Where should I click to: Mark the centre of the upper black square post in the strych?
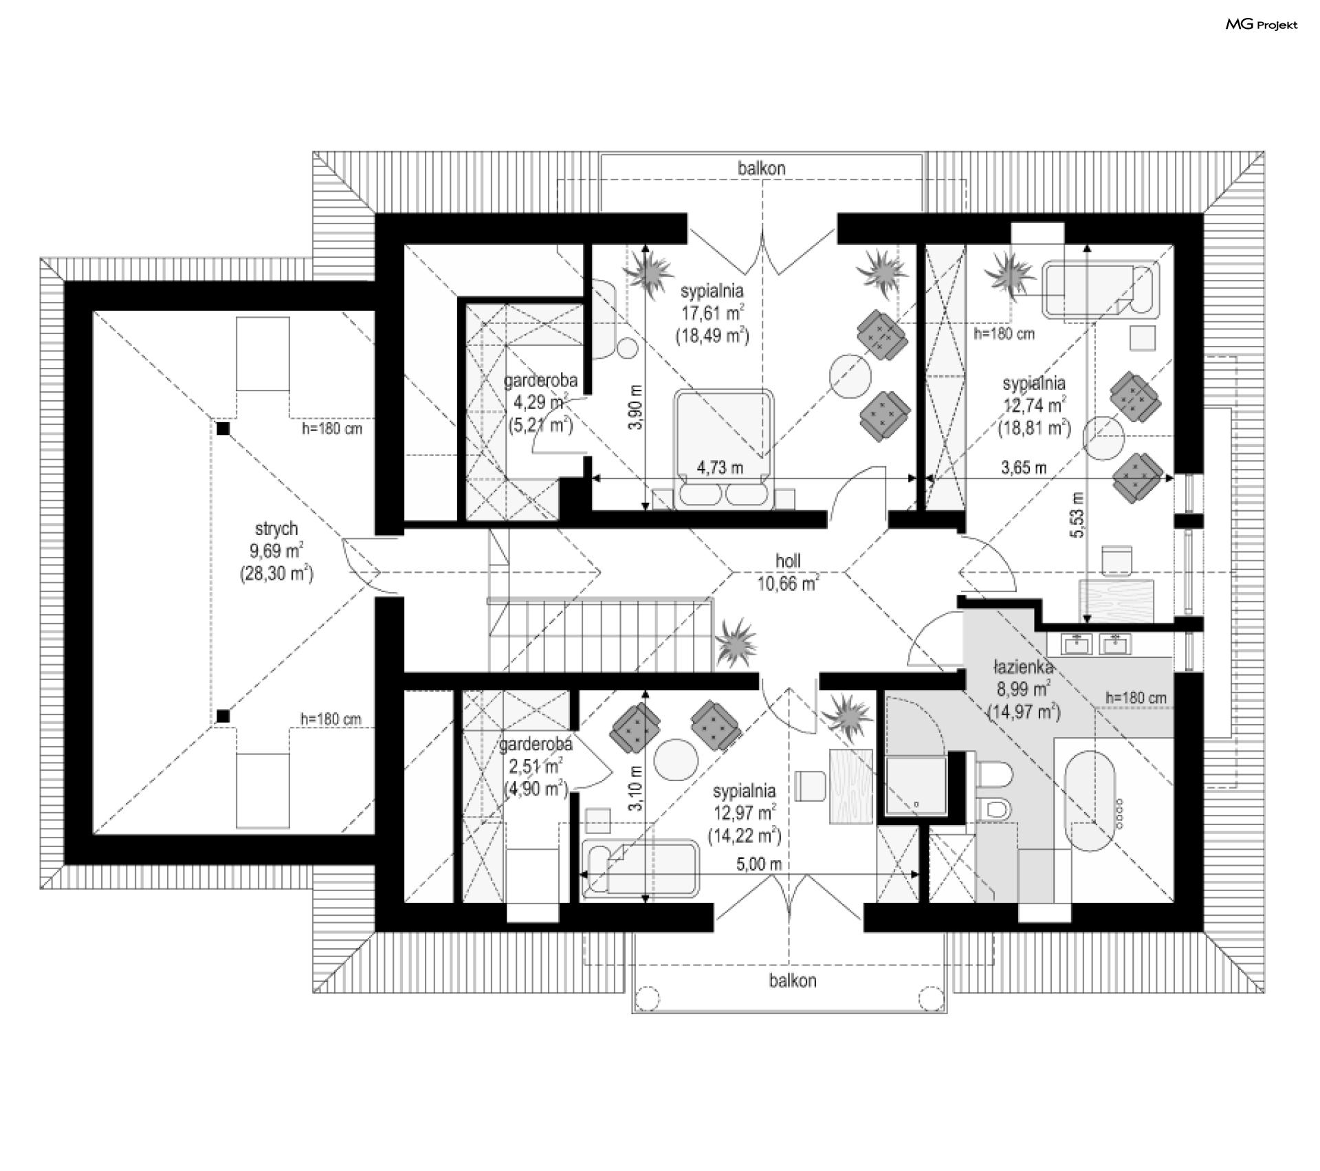(x=223, y=429)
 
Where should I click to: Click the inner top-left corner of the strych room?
(x=93, y=311)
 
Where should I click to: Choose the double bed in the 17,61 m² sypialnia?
(x=723, y=449)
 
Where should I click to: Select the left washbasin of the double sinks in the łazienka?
(x=1077, y=644)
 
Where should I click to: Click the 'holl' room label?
(x=788, y=561)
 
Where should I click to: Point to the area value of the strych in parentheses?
(x=276, y=573)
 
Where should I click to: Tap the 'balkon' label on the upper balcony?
(x=762, y=168)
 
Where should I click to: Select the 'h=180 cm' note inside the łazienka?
(x=1136, y=698)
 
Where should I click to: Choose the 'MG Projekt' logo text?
(x=1262, y=25)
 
